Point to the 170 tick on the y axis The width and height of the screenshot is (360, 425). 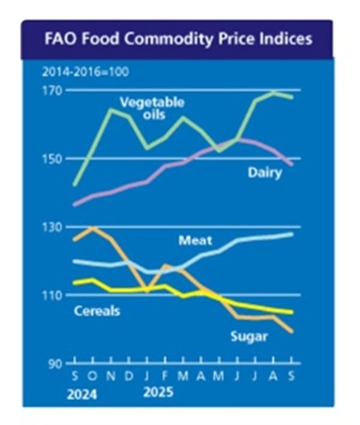pyautogui.click(x=55, y=91)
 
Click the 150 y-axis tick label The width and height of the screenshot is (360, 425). pyautogui.click(x=55, y=159)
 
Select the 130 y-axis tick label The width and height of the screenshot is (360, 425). pyautogui.click(x=55, y=228)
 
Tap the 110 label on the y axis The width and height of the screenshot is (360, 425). pyautogui.click(x=55, y=295)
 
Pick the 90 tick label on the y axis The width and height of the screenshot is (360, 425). pyautogui.click(x=58, y=364)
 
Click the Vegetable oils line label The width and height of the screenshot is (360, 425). pyautogui.click(x=152, y=108)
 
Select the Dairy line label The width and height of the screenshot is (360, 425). pyautogui.click(x=265, y=174)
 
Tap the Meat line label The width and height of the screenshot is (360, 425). pyautogui.click(x=193, y=241)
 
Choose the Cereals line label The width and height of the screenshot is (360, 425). pyautogui.click(x=97, y=311)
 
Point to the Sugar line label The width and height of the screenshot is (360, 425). pyautogui.click(x=249, y=336)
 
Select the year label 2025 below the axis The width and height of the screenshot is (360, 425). pyautogui.click(x=157, y=393)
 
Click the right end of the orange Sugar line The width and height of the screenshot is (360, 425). pyautogui.click(x=292, y=331)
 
